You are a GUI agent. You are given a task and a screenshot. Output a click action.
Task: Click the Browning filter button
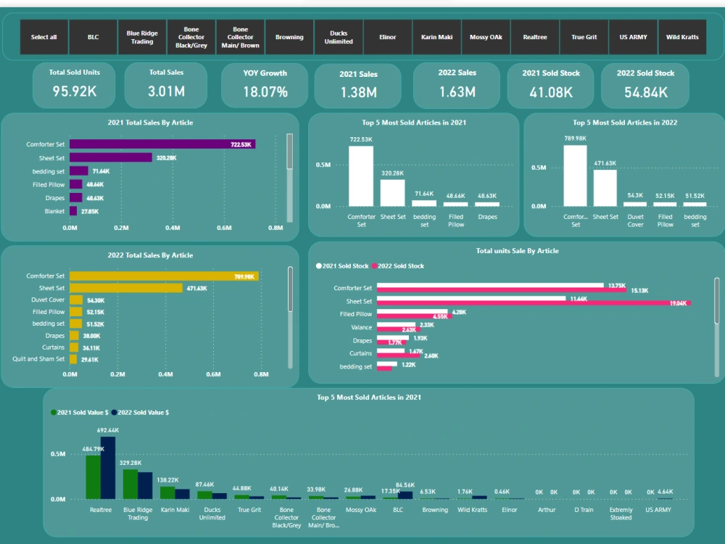(x=289, y=37)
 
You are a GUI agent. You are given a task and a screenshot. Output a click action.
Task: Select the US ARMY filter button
(x=633, y=37)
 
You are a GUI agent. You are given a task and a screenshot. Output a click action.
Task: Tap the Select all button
(x=43, y=37)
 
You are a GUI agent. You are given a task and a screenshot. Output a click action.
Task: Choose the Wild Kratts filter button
(x=682, y=37)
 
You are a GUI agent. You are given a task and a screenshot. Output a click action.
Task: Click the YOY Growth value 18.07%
(x=265, y=92)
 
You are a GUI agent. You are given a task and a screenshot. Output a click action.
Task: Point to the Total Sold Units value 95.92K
(x=75, y=91)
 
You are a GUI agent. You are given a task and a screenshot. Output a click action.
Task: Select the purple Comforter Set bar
(x=162, y=144)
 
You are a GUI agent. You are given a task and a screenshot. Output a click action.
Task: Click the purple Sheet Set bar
(x=111, y=157)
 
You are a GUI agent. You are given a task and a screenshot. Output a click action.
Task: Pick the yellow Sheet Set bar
(x=126, y=288)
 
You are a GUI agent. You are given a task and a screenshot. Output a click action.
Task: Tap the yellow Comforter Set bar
(x=164, y=276)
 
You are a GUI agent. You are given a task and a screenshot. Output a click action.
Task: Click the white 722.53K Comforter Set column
(x=360, y=176)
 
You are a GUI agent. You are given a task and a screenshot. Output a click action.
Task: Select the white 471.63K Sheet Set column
(x=605, y=188)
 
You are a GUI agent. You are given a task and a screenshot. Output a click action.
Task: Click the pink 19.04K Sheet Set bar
(x=533, y=303)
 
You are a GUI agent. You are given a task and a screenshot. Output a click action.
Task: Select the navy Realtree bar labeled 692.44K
(x=108, y=468)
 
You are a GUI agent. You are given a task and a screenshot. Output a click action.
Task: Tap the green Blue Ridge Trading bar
(x=130, y=484)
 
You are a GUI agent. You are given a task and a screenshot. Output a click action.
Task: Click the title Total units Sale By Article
(x=517, y=251)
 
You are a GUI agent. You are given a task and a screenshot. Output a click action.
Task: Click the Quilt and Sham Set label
(x=38, y=359)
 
